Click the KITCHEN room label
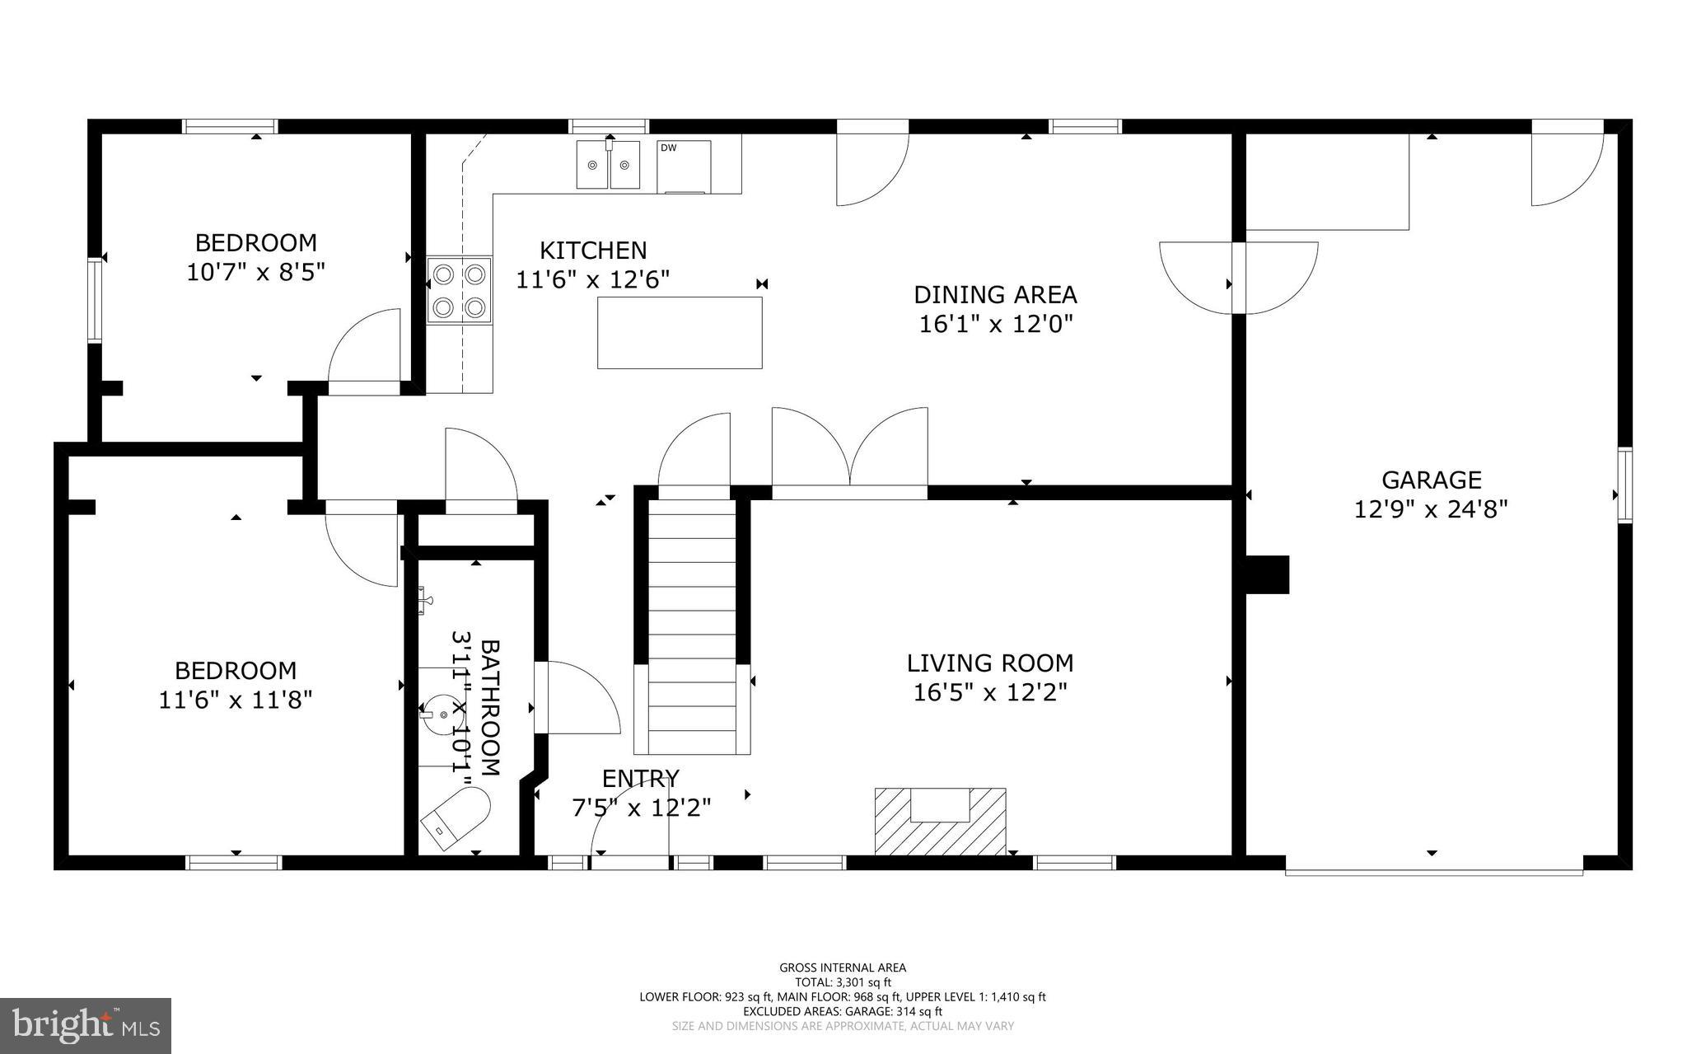pyautogui.click(x=592, y=250)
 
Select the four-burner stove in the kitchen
pyautogui.click(x=459, y=290)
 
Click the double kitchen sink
pyautogui.click(x=608, y=165)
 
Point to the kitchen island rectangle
pyautogui.click(x=679, y=333)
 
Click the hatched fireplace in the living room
pyautogui.click(x=940, y=821)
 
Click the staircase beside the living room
pyautogui.click(x=691, y=626)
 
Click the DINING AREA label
pyautogui.click(x=995, y=294)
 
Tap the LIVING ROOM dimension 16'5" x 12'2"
pyautogui.click(x=989, y=692)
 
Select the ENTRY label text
pyautogui.click(x=640, y=778)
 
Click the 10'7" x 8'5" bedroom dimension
pyautogui.click(x=255, y=272)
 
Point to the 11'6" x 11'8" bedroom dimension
pyautogui.click(x=235, y=700)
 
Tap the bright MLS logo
pyautogui.click(x=86, y=1026)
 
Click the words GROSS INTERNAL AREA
pyautogui.click(x=843, y=967)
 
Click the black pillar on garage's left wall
pyautogui.click(x=1267, y=574)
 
